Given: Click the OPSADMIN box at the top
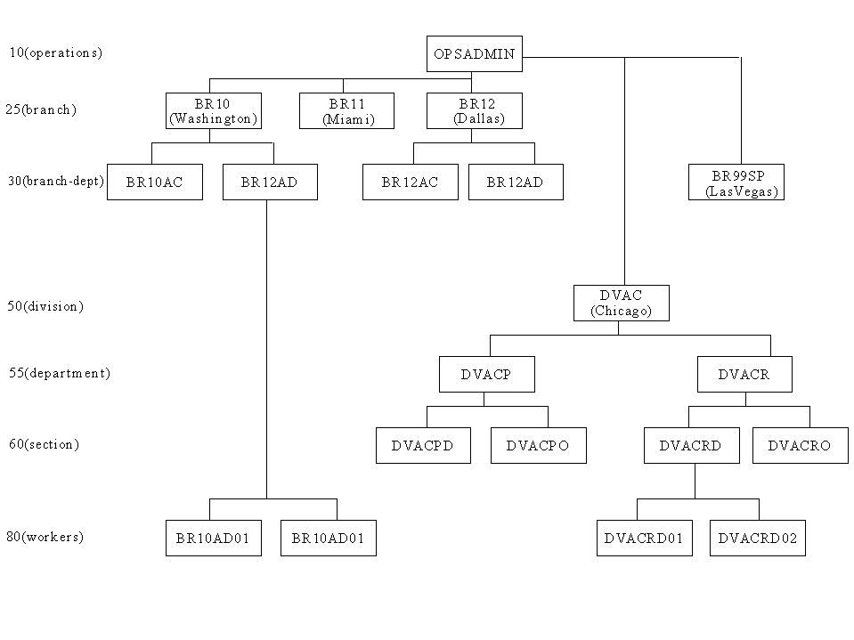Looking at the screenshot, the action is (x=475, y=54).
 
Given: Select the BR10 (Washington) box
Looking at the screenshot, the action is (x=214, y=111).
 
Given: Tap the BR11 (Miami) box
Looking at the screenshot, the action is (x=347, y=111).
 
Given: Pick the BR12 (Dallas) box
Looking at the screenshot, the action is (x=475, y=111).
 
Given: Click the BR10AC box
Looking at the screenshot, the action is (x=155, y=182).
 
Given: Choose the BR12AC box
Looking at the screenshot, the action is (x=411, y=182).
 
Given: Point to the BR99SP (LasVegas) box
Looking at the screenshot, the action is (x=736, y=182).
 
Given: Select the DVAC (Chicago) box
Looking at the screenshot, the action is (x=622, y=304).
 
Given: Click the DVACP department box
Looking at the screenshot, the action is (x=487, y=375).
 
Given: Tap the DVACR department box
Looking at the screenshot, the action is (x=744, y=375).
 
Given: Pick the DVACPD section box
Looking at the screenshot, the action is (x=423, y=445).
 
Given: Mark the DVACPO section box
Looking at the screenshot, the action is (x=539, y=445).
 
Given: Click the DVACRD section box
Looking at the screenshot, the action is (x=692, y=445).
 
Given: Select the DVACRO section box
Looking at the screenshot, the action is (x=801, y=445).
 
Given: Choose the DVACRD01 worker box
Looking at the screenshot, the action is (x=645, y=538).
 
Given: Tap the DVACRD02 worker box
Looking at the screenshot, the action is (x=758, y=538).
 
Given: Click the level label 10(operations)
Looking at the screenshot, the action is (x=55, y=53).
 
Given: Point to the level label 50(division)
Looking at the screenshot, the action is (x=45, y=306).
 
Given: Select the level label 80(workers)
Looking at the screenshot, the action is (x=45, y=537).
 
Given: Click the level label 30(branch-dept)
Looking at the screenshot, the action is (x=55, y=181).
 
